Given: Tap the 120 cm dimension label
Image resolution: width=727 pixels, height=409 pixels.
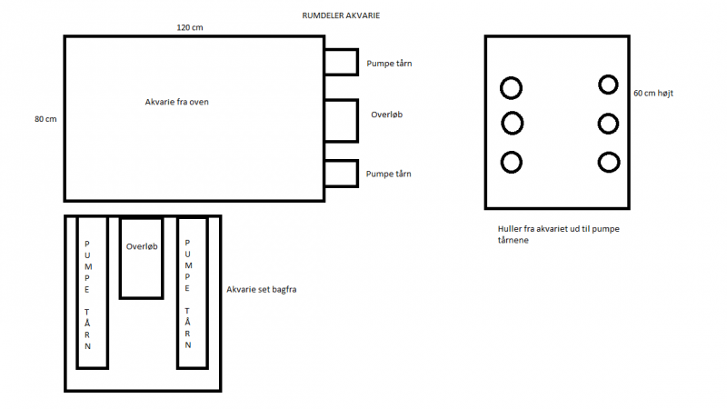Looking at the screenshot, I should click(x=189, y=28).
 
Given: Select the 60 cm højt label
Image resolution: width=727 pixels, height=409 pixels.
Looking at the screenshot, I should click(x=652, y=93).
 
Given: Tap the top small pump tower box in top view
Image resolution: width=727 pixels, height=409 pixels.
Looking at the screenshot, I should click(x=341, y=62).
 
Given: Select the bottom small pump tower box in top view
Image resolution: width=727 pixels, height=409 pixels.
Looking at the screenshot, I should click(x=341, y=173).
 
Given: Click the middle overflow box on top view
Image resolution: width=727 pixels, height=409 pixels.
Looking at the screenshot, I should click(x=341, y=120).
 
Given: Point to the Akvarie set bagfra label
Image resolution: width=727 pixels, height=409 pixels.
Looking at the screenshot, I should click(x=263, y=290).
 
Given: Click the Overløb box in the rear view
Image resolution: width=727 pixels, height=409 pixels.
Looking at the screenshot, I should click(x=141, y=258).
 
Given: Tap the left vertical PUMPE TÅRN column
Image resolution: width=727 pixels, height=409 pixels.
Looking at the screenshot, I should click(x=92, y=293).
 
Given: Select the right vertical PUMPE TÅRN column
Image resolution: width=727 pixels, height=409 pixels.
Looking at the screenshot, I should click(x=191, y=293).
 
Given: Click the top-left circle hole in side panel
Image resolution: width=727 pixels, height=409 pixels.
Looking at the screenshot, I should click(x=512, y=87).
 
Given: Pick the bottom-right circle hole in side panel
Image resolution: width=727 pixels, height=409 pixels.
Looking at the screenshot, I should click(x=608, y=162).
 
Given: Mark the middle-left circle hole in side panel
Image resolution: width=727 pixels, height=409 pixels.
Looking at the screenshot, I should click(x=512, y=123).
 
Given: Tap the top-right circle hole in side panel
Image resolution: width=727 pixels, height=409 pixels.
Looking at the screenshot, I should click(x=608, y=85).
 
